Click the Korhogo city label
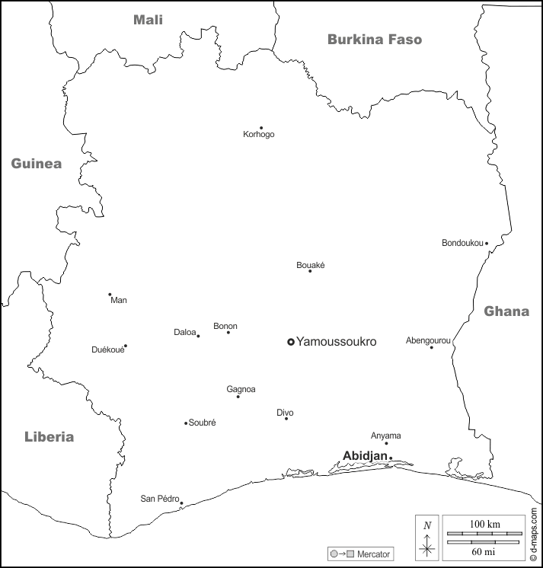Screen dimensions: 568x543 tap(259, 135)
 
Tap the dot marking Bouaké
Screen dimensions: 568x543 tap(310, 271)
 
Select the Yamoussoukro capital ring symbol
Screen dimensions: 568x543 tap(290, 343)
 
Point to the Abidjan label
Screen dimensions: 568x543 tap(365, 455)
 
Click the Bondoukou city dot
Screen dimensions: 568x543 tap(487, 244)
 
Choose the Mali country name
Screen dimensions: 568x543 tap(149, 20)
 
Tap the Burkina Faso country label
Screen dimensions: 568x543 tap(375, 40)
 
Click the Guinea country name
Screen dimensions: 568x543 tap(36, 164)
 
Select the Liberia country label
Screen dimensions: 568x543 tap(50, 437)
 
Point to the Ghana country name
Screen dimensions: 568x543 tap(506, 311)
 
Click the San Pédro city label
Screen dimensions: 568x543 tap(159, 499)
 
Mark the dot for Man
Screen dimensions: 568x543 tap(110, 295)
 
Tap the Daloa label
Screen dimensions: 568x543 tap(185, 332)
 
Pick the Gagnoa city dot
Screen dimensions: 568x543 tap(238, 397)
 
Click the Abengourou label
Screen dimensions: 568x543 tap(428, 340)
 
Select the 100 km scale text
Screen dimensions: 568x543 tap(484, 525)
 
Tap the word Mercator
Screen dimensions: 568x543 tap(374, 554)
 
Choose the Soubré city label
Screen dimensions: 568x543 tap(202, 423)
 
